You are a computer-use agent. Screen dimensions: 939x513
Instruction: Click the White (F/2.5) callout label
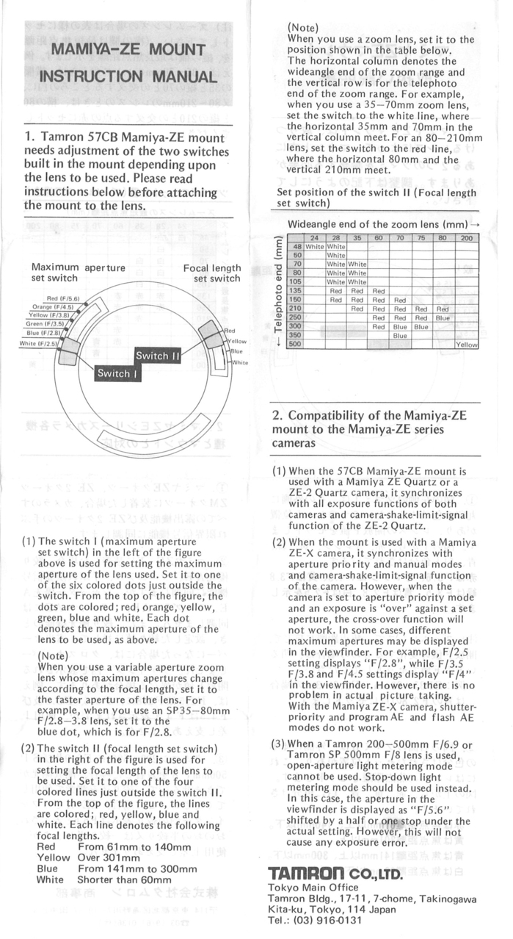pos(38,342)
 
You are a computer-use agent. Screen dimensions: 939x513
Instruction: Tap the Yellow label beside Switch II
pos(236,341)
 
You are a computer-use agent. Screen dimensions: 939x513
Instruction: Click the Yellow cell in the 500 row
pos(466,344)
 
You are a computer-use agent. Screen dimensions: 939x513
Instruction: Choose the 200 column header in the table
pos(466,238)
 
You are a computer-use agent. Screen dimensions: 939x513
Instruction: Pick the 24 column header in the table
pos(315,238)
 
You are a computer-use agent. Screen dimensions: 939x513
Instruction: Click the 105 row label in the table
pos(296,281)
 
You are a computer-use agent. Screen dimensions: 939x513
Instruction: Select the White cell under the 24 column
pos(315,246)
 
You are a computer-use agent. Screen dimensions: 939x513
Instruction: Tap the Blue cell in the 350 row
pos(399,335)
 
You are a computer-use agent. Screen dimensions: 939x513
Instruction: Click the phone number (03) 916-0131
pos(327,919)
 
